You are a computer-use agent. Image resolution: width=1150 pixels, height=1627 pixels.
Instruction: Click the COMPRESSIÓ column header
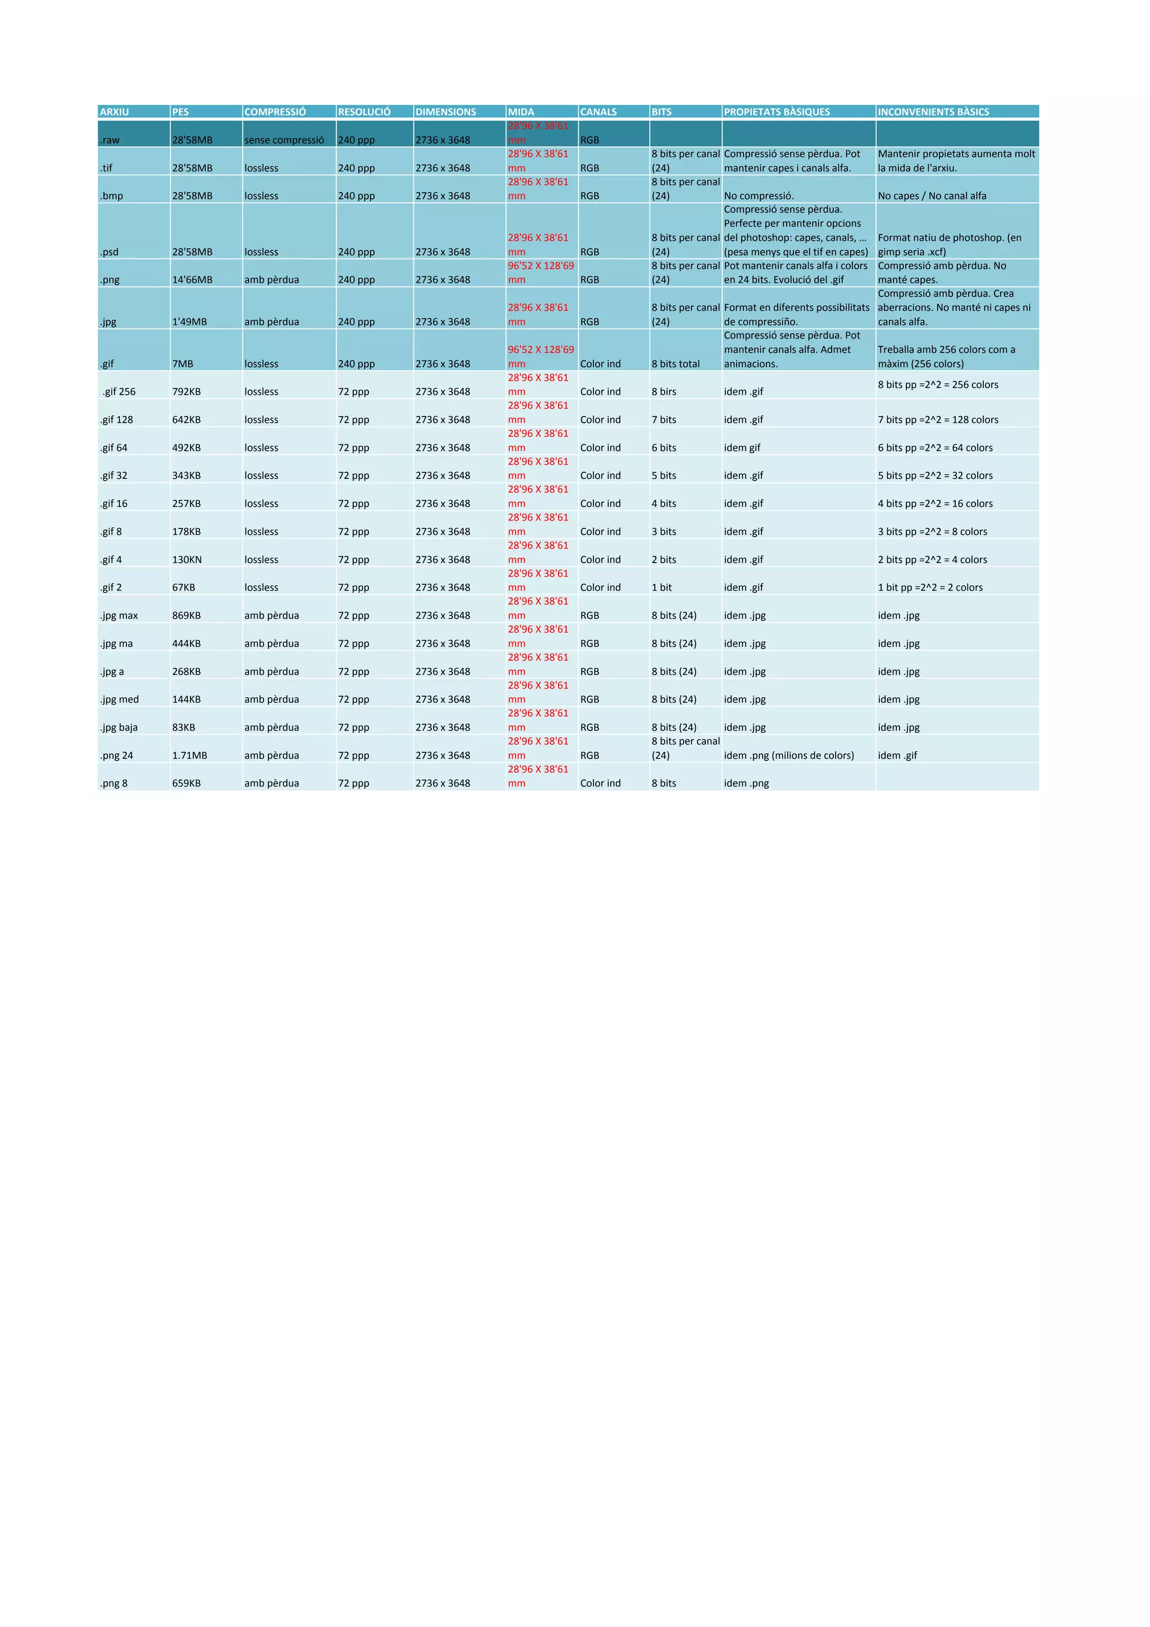click(275, 112)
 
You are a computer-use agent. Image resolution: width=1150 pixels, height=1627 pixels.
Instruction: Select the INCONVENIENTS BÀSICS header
click(933, 112)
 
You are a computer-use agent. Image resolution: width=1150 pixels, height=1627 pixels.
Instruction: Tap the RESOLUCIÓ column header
click(364, 112)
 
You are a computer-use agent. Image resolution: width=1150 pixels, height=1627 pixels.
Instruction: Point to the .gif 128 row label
click(116, 419)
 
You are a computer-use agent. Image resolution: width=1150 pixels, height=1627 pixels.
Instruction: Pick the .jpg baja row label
click(119, 727)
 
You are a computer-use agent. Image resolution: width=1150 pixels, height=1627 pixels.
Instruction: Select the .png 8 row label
click(113, 783)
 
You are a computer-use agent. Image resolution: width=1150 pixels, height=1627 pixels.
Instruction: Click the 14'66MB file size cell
click(192, 279)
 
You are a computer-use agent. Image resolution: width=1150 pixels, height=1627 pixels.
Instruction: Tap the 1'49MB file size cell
click(189, 322)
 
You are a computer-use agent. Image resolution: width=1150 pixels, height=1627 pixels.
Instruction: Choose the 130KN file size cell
click(187, 559)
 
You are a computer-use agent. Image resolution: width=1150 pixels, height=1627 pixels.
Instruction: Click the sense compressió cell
click(284, 140)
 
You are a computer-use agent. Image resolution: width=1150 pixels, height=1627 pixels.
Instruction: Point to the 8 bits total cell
click(676, 364)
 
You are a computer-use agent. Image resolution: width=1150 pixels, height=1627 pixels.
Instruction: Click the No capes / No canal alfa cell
click(932, 195)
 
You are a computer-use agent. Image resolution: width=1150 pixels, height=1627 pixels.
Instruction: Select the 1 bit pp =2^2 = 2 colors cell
click(930, 587)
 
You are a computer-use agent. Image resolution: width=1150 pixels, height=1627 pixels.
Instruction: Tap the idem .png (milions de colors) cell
click(788, 756)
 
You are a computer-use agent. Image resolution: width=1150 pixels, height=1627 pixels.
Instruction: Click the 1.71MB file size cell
click(190, 756)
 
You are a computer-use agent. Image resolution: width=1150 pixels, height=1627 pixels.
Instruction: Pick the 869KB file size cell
click(186, 615)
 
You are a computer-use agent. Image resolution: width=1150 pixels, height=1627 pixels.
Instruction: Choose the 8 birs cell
click(664, 391)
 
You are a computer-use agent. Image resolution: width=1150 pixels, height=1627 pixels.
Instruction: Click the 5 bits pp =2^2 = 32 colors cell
click(934, 476)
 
